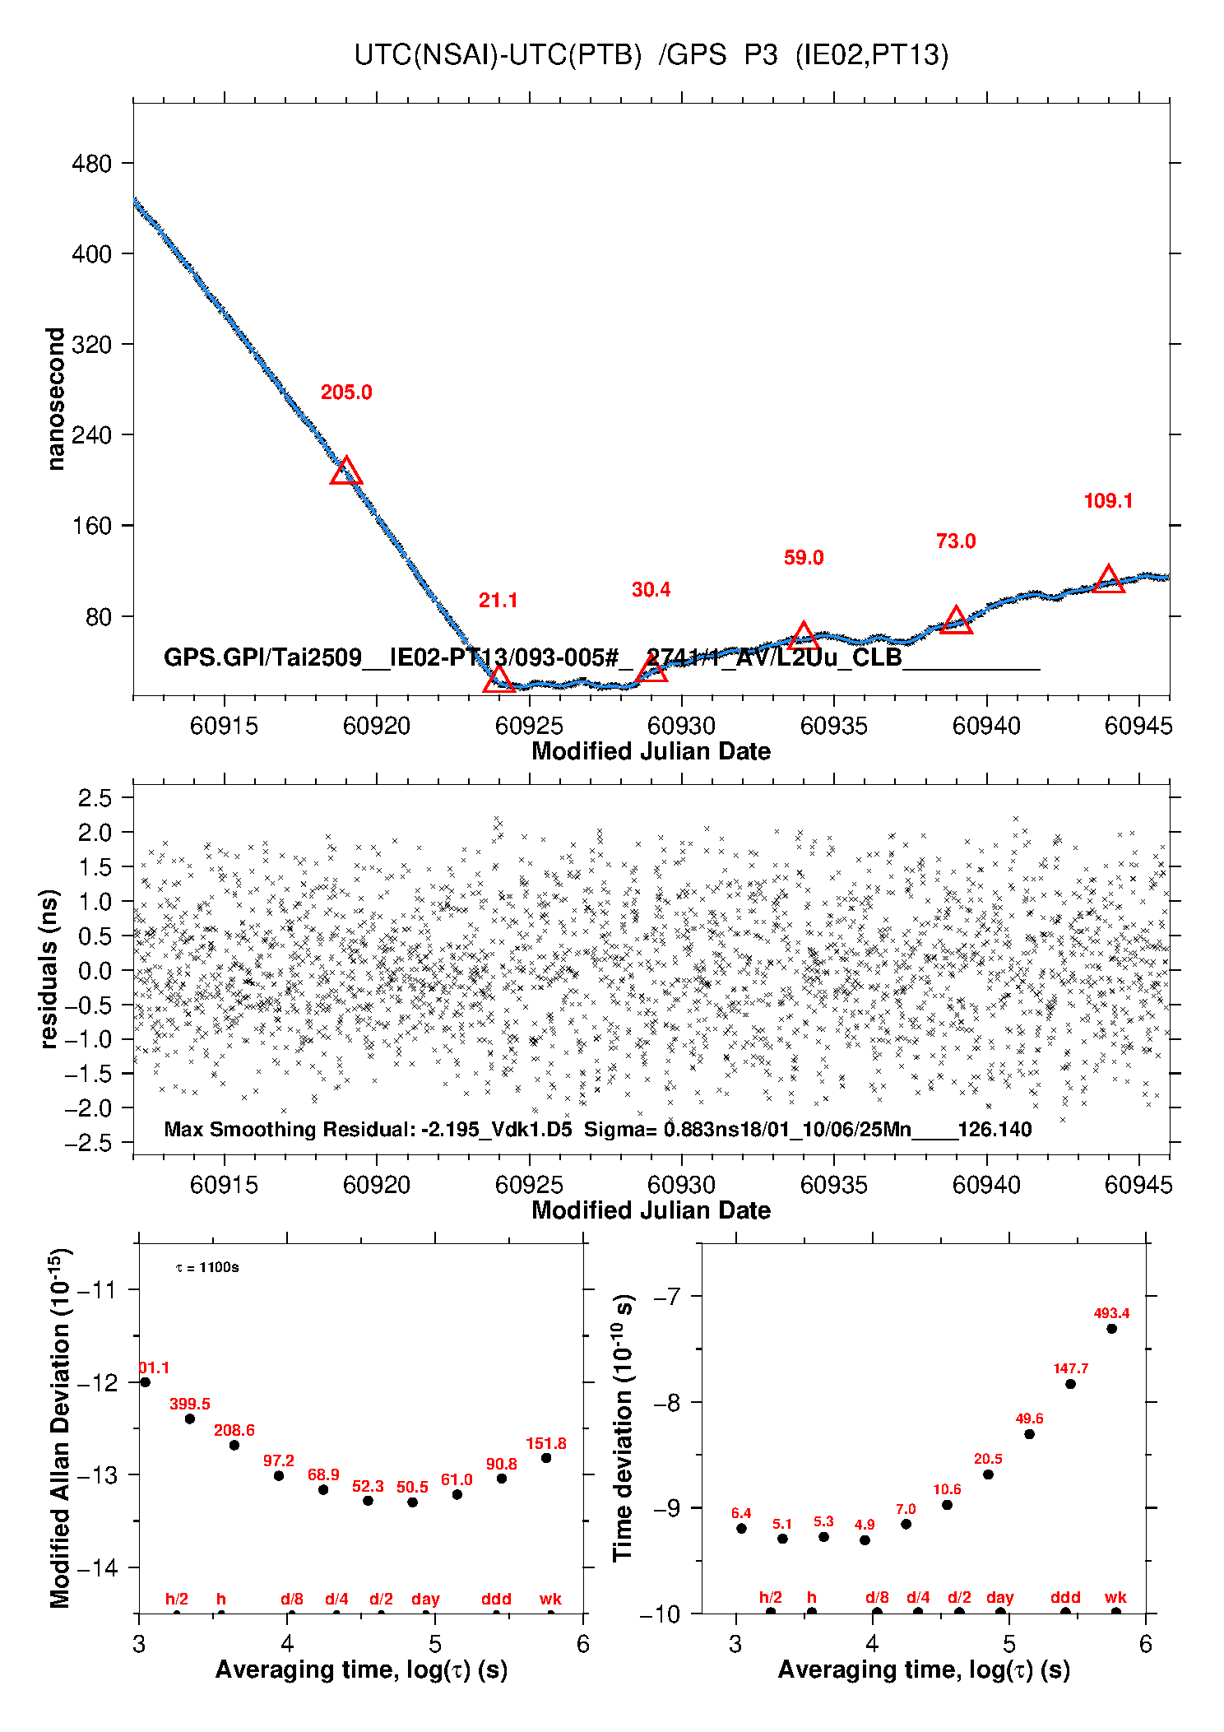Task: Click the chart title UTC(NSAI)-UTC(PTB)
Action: (498, 55)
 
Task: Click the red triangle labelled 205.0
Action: (346, 472)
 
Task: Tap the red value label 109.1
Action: (1108, 501)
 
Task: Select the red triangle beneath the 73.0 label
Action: (956, 621)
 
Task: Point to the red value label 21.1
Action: (498, 601)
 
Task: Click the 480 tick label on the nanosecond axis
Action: (91, 164)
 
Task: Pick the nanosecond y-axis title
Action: (55, 399)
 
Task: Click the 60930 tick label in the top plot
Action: (681, 726)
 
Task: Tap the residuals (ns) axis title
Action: (49, 968)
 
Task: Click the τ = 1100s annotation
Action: (207, 1267)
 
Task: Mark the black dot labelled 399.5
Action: (190, 1419)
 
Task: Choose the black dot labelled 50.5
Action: (413, 1502)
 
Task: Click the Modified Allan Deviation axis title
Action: (59, 1428)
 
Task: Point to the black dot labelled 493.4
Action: (1111, 1329)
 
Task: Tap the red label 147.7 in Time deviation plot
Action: (1070, 1369)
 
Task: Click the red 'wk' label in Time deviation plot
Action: (1115, 1598)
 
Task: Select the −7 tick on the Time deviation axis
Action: (670, 1298)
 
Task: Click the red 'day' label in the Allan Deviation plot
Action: (425, 1600)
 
